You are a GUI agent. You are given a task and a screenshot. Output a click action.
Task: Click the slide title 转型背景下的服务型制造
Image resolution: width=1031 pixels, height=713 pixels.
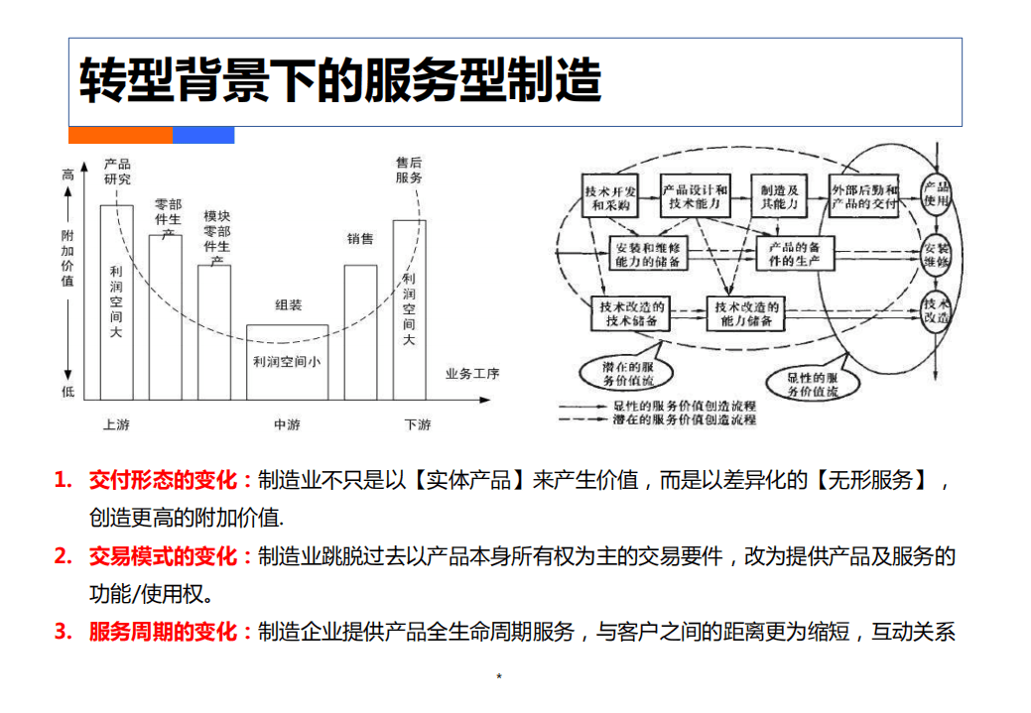339,81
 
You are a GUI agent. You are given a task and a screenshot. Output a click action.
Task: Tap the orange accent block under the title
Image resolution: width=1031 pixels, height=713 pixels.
120,135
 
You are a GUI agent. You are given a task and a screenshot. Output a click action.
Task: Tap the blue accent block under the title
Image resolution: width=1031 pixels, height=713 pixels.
203,135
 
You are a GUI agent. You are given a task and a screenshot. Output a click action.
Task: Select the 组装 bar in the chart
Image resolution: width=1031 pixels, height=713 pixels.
287,362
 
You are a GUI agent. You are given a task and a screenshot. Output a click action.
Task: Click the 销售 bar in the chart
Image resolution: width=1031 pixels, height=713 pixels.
360,332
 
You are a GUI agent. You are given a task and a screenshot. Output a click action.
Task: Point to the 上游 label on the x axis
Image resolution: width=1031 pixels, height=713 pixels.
116,425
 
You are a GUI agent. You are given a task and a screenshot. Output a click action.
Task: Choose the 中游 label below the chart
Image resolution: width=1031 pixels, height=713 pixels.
287,425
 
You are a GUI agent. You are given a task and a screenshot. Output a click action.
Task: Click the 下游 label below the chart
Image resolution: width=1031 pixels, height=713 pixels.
418,425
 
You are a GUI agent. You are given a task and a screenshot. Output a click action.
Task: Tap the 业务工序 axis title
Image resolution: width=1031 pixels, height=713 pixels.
472,374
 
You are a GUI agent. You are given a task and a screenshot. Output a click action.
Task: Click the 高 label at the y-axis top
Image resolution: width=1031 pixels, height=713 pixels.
67,175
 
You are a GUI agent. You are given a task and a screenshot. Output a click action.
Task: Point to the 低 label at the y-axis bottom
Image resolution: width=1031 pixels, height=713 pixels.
67,392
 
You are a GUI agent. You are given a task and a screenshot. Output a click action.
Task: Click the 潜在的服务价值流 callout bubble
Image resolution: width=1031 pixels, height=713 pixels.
622,373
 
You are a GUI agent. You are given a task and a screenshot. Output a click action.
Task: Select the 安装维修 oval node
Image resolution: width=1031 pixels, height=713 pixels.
937,255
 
